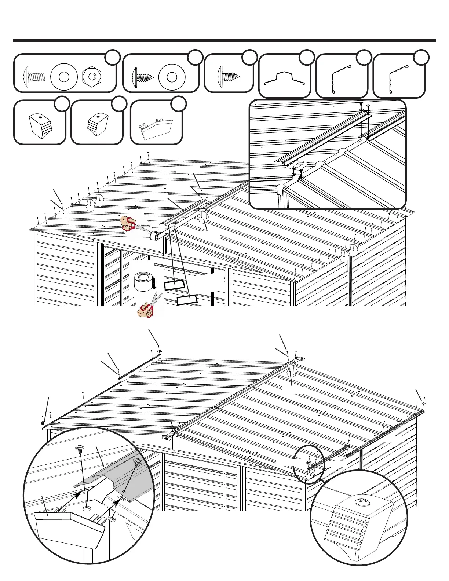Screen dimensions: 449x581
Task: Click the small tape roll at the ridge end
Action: [155, 235]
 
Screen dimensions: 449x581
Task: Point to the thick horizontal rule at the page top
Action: [224, 40]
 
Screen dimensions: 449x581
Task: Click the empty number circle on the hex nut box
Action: [113, 57]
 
